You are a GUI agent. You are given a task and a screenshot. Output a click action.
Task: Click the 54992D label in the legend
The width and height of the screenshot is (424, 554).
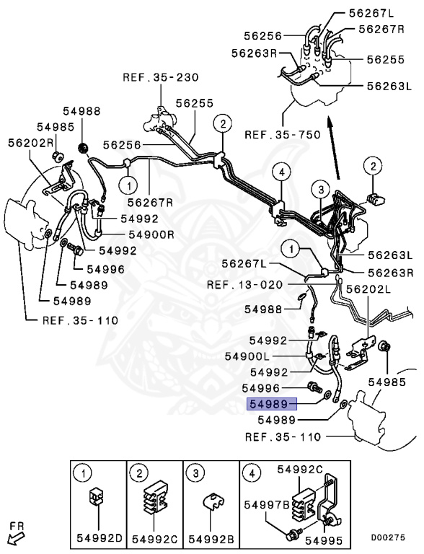pos(99,539)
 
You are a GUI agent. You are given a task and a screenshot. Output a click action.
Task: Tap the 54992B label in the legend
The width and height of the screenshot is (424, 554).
pos(209,539)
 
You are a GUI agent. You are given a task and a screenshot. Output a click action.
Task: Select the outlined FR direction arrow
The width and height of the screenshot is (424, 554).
pos(14,535)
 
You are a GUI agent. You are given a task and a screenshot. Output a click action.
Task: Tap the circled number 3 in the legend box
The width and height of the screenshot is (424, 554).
pos(195,474)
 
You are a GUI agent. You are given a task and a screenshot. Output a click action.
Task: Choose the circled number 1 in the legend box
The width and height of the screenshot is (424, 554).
pos(84,474)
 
